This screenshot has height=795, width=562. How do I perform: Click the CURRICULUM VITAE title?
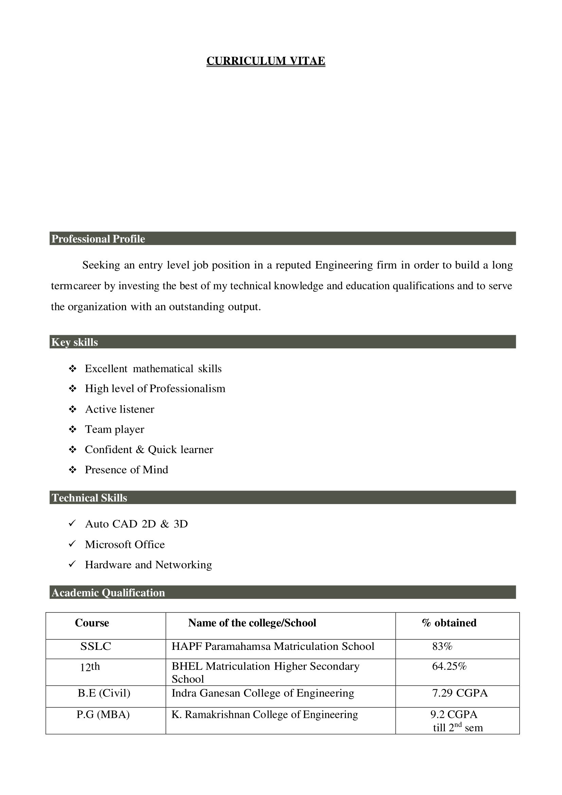[266, 61]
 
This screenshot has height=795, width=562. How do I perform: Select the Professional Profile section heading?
[98, 239]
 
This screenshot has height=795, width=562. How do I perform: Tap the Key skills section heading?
[75, 342]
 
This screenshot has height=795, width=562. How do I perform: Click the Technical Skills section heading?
[90, 498]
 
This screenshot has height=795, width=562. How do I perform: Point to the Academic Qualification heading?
[108, 593]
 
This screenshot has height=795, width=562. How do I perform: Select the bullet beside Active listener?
[73, 409]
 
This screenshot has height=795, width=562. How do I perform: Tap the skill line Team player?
[115, 429]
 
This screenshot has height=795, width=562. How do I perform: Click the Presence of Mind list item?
[127, 470]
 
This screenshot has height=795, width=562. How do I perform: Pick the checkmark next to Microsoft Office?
[72, 544]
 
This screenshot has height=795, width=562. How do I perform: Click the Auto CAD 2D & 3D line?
[136, 524]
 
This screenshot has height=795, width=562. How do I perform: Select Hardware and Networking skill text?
[148, 565]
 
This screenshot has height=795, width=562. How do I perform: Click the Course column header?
[92, 623]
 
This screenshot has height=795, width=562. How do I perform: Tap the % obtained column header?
[449, 623]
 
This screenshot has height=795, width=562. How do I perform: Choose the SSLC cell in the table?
[96, 646]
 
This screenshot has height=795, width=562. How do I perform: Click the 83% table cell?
[442, 646]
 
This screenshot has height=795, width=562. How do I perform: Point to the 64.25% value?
[449, 666]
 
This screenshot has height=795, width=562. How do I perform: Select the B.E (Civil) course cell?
[104, 693]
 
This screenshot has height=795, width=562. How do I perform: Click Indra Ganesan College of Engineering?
[263, 693]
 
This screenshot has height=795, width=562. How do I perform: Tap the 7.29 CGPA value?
[460, 693]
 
